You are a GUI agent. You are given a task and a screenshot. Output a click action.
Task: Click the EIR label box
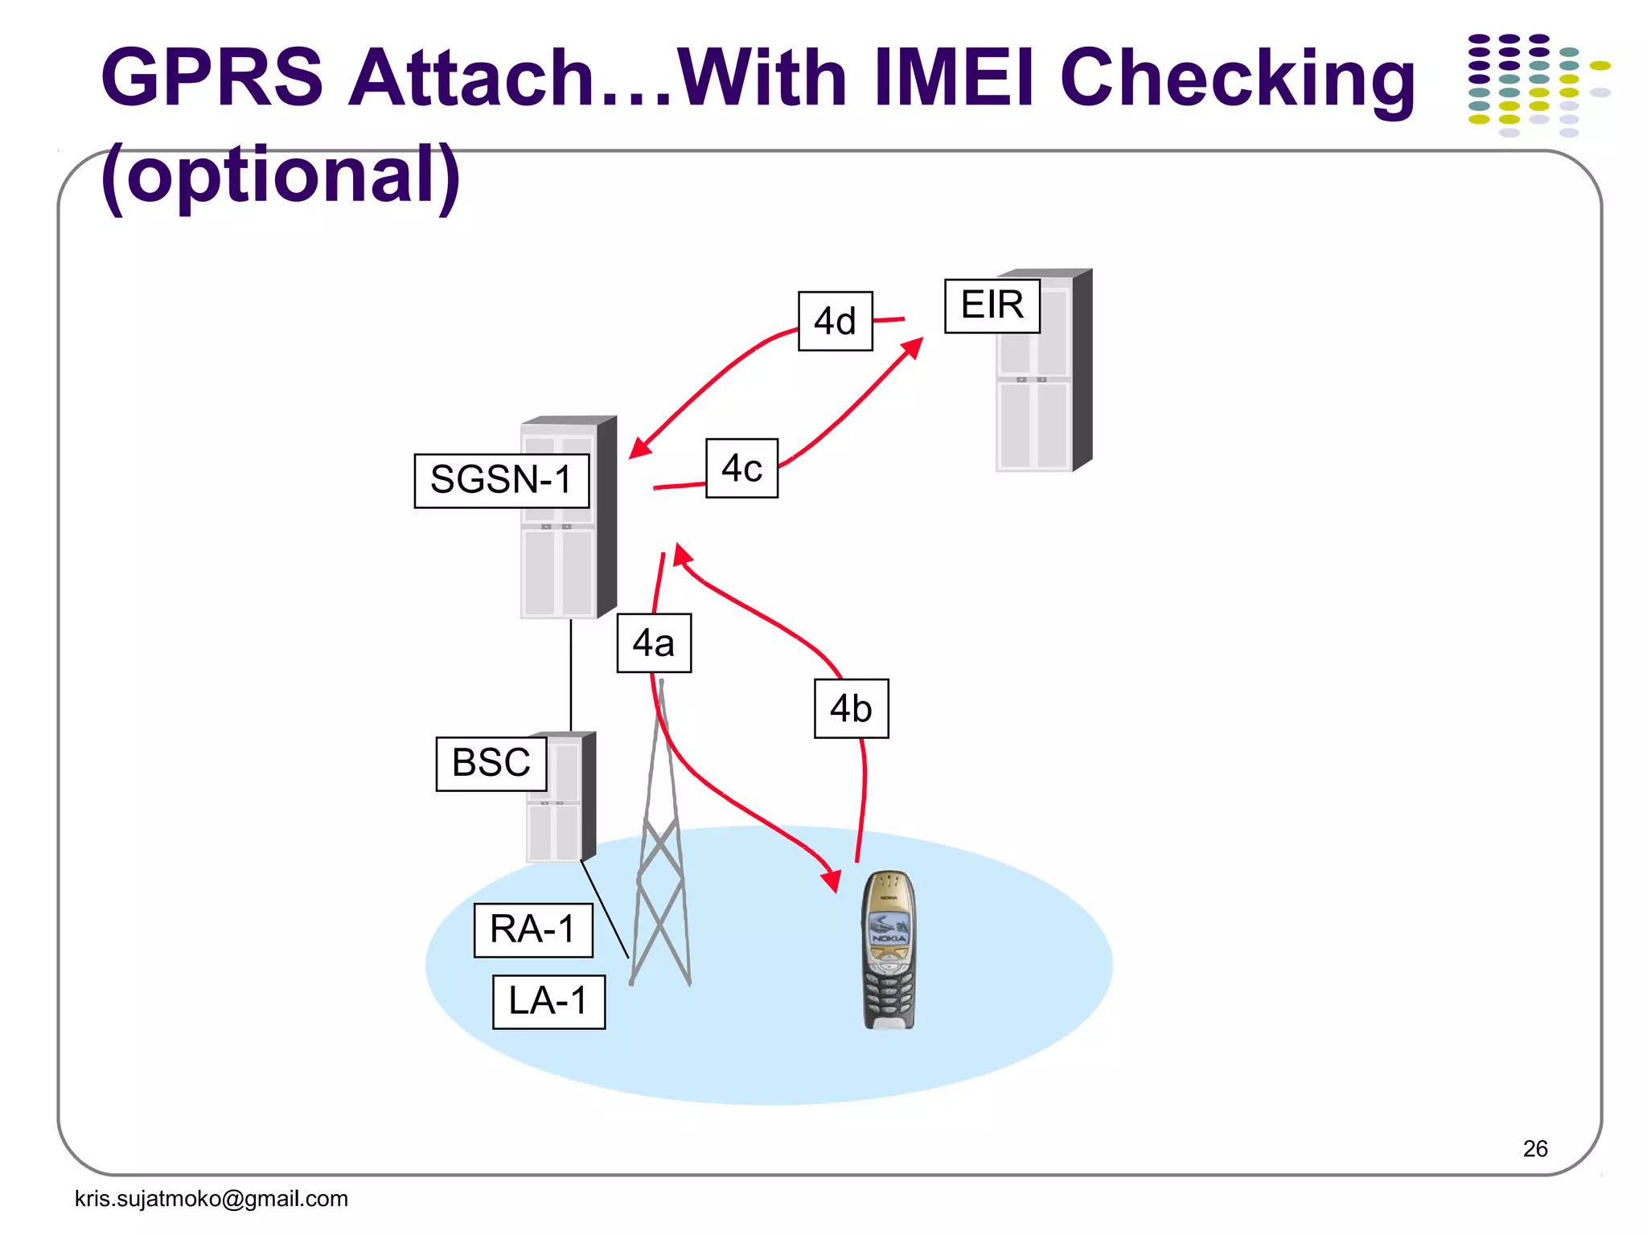click(992, 306)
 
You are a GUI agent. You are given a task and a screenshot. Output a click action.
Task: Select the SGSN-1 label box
click(501, 481)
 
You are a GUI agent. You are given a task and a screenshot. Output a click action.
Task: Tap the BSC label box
click(491, 763)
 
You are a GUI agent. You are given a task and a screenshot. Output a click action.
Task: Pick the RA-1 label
click(533, 930)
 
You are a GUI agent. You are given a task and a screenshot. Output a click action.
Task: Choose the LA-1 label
click(548, 1002)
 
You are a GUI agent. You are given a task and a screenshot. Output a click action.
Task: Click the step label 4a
click(654, 643)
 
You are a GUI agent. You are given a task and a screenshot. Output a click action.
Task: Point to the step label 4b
click(851, 708)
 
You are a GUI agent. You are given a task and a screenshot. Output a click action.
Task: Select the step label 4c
click(741, 469)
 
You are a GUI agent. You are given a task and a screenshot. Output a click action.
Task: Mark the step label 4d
click(835, 322)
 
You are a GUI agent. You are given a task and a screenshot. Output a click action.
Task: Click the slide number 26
click(1534, 1148)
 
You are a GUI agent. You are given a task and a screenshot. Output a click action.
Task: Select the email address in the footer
click(211, 1199)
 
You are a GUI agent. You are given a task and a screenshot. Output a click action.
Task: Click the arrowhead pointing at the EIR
click(914, 347)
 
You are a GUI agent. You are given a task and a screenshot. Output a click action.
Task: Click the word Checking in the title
click(1237, 79)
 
